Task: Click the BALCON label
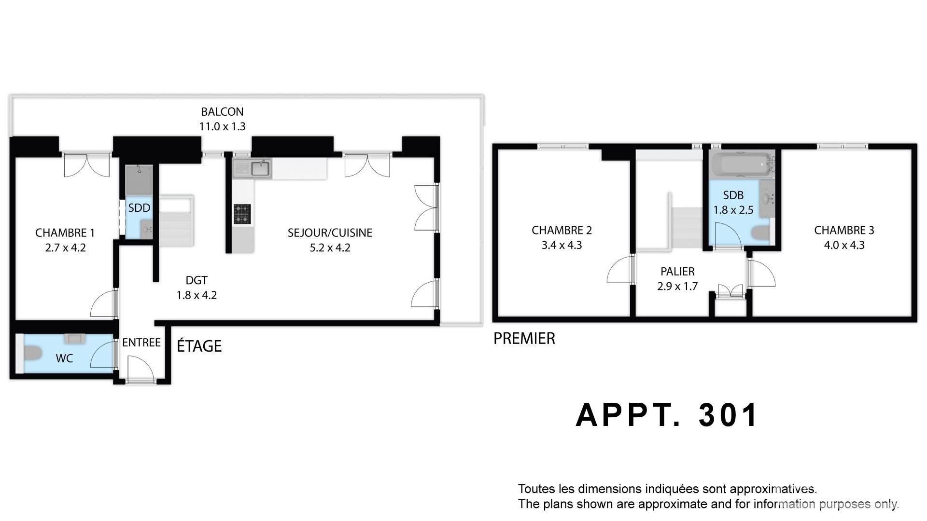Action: tap(222, 112)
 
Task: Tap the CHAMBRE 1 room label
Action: tap(65, 233)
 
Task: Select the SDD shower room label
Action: tap(139, 208)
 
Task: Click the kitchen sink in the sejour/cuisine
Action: tap(253, 168)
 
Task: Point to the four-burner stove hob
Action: tap(242, 214)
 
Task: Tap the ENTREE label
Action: tap(141, 343)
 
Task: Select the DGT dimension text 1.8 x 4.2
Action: tap(197, 295)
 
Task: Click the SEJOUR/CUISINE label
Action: tap(330, 233)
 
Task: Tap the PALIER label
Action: tap(677, 272)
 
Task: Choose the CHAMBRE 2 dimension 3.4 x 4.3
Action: tap(562, 245)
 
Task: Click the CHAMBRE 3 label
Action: tap(844, 231)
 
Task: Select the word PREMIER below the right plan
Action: tap(524, 339)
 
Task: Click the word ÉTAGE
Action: tap(199, 346)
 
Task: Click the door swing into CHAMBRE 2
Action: tap(619, 269)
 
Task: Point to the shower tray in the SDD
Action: tap(139, 180)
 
